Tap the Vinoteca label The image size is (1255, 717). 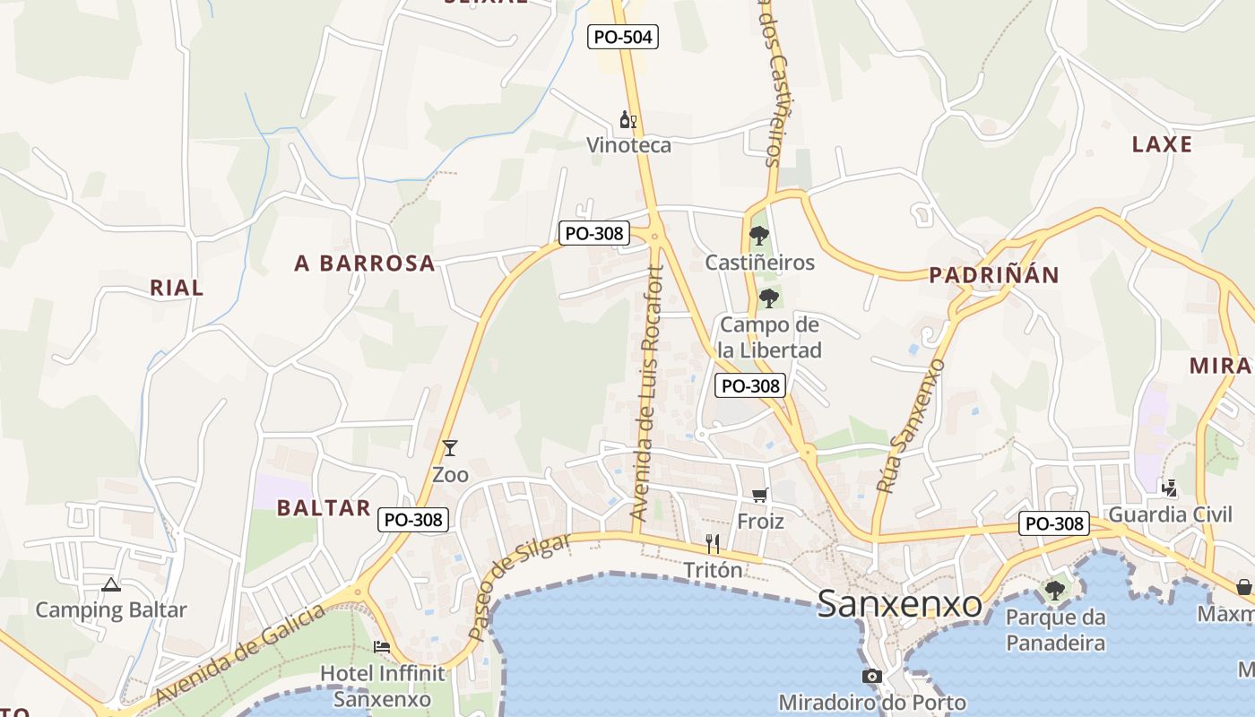[x=628, y=145]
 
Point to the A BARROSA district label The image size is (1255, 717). [x=365, y=263]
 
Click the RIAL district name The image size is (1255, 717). [x=177, y=288]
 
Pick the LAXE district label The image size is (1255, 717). [x=1162, y=144]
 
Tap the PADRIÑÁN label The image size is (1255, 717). [x=994, y=275]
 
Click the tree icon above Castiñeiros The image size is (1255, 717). [x=759, y=236]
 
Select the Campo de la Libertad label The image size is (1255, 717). [x=770, y=337]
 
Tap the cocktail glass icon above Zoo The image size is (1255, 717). [x=450, y=447]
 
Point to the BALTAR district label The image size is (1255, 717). [x=324, y=508]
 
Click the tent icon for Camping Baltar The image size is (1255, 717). [x=111, y=585]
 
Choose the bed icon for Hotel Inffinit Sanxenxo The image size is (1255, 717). [x=382, y=646]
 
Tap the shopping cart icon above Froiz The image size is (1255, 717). [x=760, y=495]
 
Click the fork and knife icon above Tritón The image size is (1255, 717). [x=713, y=544]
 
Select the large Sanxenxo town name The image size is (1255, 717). [x=900, y=604]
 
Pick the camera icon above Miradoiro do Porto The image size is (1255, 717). [x=871, y=676]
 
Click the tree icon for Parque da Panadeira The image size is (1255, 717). [x=1055, y=591]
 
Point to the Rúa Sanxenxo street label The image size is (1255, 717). [x=911, y=426]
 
